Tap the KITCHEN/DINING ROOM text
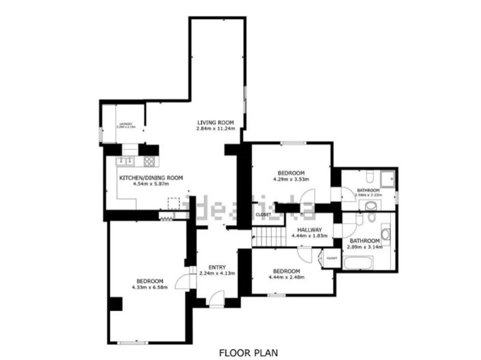[151, 177]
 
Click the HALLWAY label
[306, 230]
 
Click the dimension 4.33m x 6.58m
[149, 287]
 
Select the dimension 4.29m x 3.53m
[291, 179]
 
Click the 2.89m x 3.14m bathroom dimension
[365, 247]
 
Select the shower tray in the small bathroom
[388, 179]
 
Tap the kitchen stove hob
[148, 162]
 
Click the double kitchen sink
[126, 162]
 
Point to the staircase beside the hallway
[269, 236]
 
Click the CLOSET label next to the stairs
[263, 215]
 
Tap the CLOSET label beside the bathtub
[332, 258]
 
